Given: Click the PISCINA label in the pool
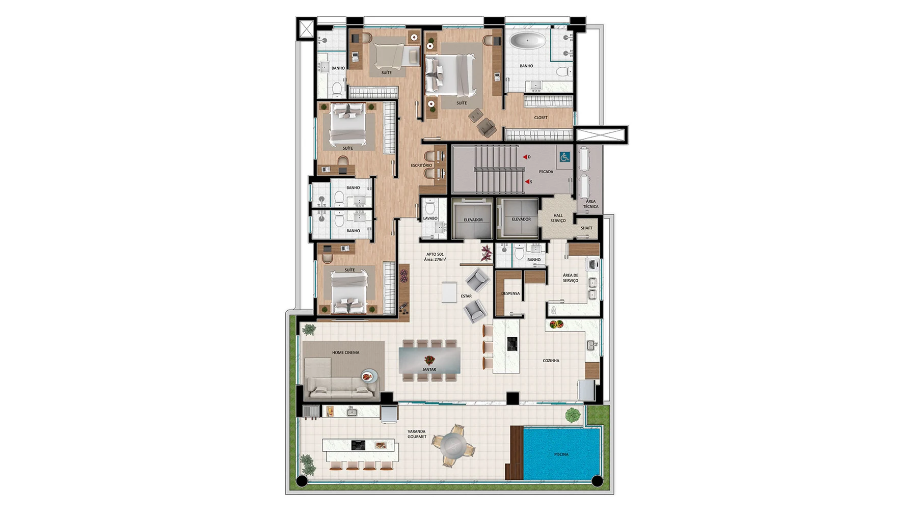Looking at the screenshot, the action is click(561, 454).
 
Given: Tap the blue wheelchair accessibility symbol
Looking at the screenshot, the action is click(564, 157).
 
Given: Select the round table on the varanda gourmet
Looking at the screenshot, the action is click(453, 445).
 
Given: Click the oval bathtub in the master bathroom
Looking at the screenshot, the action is click(528, 41).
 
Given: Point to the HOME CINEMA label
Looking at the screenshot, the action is click(345, 352).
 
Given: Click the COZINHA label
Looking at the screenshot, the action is click(551, 361).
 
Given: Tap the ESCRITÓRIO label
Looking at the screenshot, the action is click(421, 166).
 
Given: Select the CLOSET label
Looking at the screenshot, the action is click(541, 118).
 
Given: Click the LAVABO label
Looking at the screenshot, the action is click(430, 219).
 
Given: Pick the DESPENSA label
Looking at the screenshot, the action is click(510, 293).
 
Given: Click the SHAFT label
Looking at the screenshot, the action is click(586, 228).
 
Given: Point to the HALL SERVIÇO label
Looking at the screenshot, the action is click(558, 218).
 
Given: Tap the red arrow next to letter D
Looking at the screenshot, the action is click(525, 157).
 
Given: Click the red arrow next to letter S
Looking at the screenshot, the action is click(527, 181).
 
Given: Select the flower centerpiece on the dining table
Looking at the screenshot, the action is click(429, 360).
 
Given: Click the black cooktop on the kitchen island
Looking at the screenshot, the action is click(512, 344).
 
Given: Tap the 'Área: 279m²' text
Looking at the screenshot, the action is click(435, 259).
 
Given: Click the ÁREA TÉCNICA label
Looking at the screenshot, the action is click(590, 204).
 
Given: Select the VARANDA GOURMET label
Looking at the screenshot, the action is click(417, 434).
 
